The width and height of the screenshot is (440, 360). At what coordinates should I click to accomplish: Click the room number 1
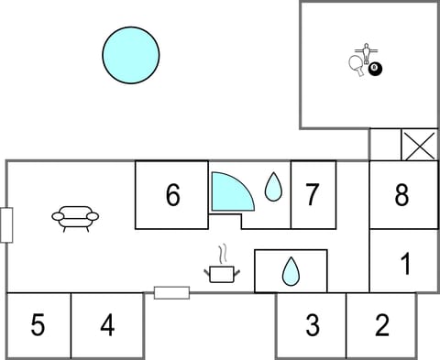(405, 266)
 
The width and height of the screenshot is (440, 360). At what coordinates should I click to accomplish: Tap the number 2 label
(381, 324)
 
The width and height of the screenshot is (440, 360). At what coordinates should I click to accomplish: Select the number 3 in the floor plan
(312, 324)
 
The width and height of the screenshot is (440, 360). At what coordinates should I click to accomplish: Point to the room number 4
(107, 324)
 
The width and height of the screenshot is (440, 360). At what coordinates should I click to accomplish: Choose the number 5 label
(38, 324)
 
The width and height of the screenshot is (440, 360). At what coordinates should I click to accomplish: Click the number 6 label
(172, 194)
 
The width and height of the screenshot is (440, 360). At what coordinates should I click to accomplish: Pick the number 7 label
(313, 194)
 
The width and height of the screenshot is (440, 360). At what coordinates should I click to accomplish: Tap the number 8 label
(401, 194)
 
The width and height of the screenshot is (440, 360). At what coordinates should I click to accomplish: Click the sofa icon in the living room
(75, 218)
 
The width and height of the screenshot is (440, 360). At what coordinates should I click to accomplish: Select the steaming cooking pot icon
(222, 270)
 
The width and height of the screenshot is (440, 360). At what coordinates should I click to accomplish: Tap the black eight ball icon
(375, 69)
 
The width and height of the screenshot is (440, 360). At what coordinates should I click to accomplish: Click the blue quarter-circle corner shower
(229, 191)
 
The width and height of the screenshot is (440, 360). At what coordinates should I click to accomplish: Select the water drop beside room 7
(273, 188)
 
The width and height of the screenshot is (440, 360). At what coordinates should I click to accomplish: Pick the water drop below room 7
(291, 271)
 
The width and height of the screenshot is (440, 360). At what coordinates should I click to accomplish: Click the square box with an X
(420, 145)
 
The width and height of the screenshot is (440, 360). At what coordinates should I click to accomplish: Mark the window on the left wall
(6, 224)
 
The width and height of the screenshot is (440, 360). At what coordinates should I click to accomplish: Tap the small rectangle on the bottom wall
(171, 293)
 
